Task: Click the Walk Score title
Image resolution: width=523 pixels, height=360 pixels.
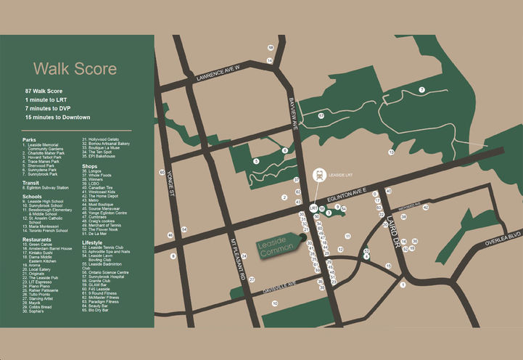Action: [75, 70]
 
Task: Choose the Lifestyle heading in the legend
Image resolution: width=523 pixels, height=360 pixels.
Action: [92, 242]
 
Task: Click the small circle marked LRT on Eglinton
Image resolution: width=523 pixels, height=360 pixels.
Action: [313, 208]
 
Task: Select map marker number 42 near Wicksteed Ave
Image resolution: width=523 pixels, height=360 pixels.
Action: [426, 208]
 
